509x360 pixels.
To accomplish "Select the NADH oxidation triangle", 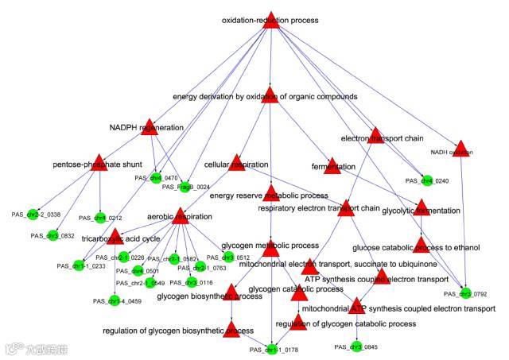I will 461,147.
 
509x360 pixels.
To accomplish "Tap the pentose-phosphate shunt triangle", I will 99,161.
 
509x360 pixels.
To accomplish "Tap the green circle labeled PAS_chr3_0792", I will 465,295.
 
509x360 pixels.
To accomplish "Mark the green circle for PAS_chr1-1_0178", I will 272,350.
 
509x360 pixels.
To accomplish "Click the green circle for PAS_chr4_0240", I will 427,181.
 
